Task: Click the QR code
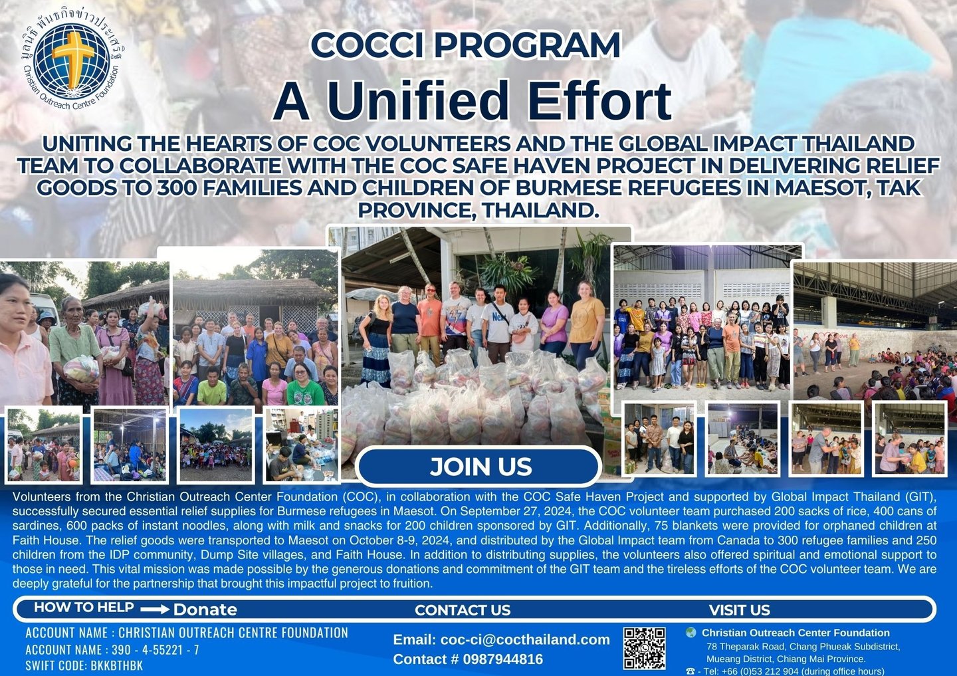(644, 648)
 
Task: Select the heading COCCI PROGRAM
(465, 45)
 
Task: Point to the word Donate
(205, 610)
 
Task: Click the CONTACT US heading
(463, 610)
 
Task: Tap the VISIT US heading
(740, 610)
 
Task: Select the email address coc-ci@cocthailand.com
(525, 639)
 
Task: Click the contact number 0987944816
(503, 659)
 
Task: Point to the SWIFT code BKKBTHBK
(117, 666)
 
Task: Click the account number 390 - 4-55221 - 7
(155, 650)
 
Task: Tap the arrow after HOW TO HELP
(155, 610)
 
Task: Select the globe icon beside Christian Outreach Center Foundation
(691, 633)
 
